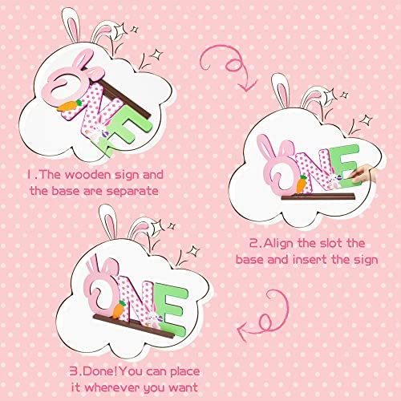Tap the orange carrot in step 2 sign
(x=302, y=184)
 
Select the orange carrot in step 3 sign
(x=119, y=310)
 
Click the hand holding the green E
(x=363, y=174)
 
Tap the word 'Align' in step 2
(x=279, y=244)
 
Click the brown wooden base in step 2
(x=318, y=196)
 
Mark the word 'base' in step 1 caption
(x=66, y=192)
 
